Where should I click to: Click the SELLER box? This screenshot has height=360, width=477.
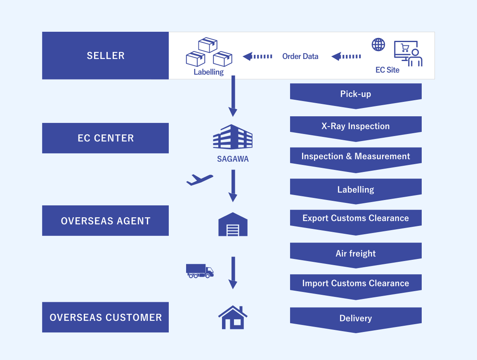[105, 56]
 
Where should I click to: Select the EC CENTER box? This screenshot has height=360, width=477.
[105, 138]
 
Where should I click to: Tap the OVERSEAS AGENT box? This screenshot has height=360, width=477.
[105, 221]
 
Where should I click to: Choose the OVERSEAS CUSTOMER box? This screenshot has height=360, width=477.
[105, 317]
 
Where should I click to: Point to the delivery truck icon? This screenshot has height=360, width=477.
[200, 271]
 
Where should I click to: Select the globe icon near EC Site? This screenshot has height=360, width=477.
[378, 45]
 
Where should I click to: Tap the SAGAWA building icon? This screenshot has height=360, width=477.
[233, 137]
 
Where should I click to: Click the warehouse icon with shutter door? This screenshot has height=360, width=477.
[233, 225]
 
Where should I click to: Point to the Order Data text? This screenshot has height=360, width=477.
[300, 56]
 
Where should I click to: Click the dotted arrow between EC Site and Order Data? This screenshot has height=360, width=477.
[347, 56]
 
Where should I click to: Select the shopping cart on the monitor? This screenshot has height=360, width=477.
[405, 48]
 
